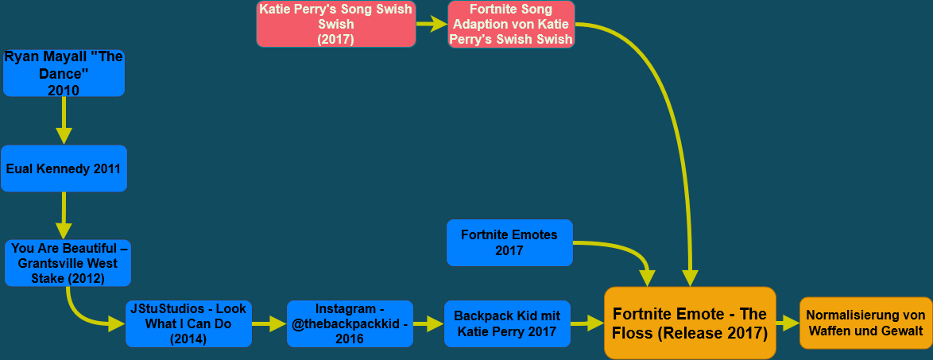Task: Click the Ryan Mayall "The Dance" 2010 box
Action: (64, 74)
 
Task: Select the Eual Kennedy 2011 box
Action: (64, 168)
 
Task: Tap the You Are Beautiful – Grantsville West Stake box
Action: (68, 263)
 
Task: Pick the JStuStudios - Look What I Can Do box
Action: (188, 323)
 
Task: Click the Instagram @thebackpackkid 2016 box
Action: (350, 323)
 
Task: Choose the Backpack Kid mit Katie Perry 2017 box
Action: (507, 323)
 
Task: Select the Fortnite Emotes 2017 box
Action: (509, 242)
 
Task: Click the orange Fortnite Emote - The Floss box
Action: (689, 323)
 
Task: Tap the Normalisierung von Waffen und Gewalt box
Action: (865, 323)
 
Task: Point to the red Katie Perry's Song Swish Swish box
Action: (336, 24)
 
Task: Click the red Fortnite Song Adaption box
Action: (511, 24)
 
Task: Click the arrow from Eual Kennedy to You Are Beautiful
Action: (64, 215)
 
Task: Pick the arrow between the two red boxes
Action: (432, 24)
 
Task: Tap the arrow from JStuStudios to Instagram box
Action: (269, 323)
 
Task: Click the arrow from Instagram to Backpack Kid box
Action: (428, 323)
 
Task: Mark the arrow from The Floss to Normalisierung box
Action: (788, 323)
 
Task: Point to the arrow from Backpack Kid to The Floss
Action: (587, 323)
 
